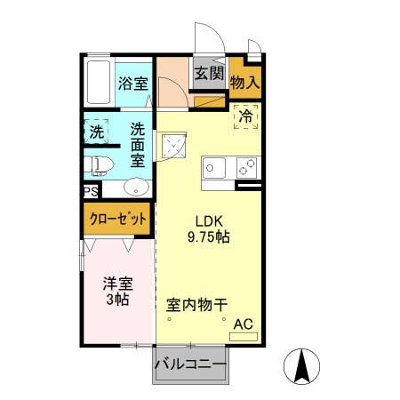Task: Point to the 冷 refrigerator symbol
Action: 244,116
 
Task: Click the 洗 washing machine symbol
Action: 96,132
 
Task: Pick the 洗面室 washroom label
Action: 139,143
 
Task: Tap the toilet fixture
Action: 97,164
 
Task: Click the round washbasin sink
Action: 136,187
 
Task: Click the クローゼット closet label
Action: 118,218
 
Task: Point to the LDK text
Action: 209,222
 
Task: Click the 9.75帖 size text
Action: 209,238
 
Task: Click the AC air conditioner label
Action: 242,326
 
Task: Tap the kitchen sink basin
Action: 216,167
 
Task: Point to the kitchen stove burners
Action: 246,167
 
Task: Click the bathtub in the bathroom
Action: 99,81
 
